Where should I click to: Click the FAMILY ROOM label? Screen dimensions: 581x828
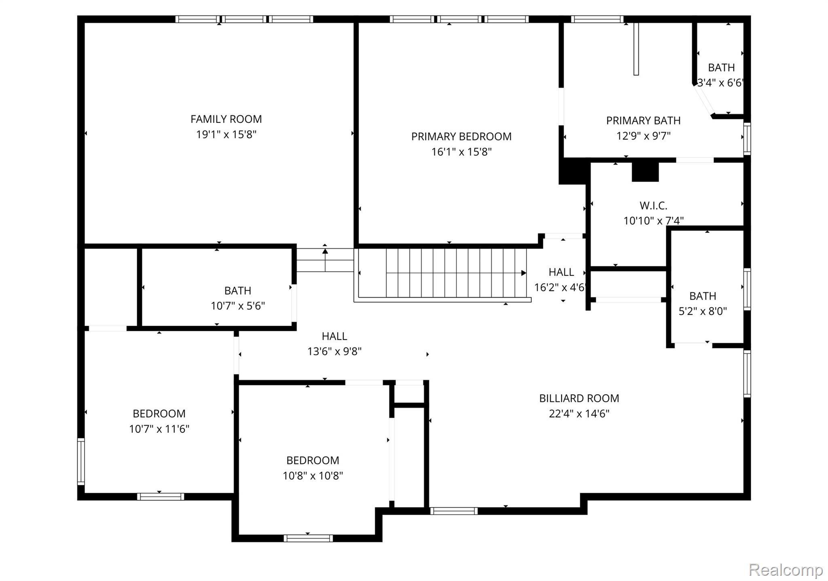(x=226, y=119)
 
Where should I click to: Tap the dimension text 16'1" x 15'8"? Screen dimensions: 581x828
(x=461, y=152)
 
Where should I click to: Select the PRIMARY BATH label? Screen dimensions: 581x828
(x=643, y=120)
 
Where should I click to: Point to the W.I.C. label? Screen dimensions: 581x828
(x=653, y=206)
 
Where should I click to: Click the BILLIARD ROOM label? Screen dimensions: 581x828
(x=579, y=399)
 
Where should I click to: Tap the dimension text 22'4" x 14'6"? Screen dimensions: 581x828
(x=579, y=414)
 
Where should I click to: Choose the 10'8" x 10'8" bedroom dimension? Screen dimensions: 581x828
(x=313, y=476)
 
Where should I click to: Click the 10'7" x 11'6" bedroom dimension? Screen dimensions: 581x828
(x=159, y=429)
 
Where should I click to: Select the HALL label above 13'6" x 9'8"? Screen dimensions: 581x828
(x=334, y=336)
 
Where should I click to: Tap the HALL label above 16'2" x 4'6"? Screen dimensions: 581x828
(x=561, y=272)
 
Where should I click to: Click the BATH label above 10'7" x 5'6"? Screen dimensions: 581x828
(x=238, y=291)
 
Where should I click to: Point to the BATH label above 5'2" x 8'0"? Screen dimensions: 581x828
(x=703, y=296)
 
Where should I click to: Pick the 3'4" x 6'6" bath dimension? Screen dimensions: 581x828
(x=720, y=83)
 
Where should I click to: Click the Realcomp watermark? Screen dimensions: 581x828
(x=786, y=570)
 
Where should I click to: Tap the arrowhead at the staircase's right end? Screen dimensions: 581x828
(x=524, y=273)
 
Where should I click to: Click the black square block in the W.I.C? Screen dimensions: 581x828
(x=645, y=172)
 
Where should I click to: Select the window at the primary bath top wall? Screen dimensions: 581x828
(x=597, y=19)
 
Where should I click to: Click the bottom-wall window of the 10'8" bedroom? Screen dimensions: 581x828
(x=308, y=538)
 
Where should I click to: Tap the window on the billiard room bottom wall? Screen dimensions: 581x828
(x=454, y=511)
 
